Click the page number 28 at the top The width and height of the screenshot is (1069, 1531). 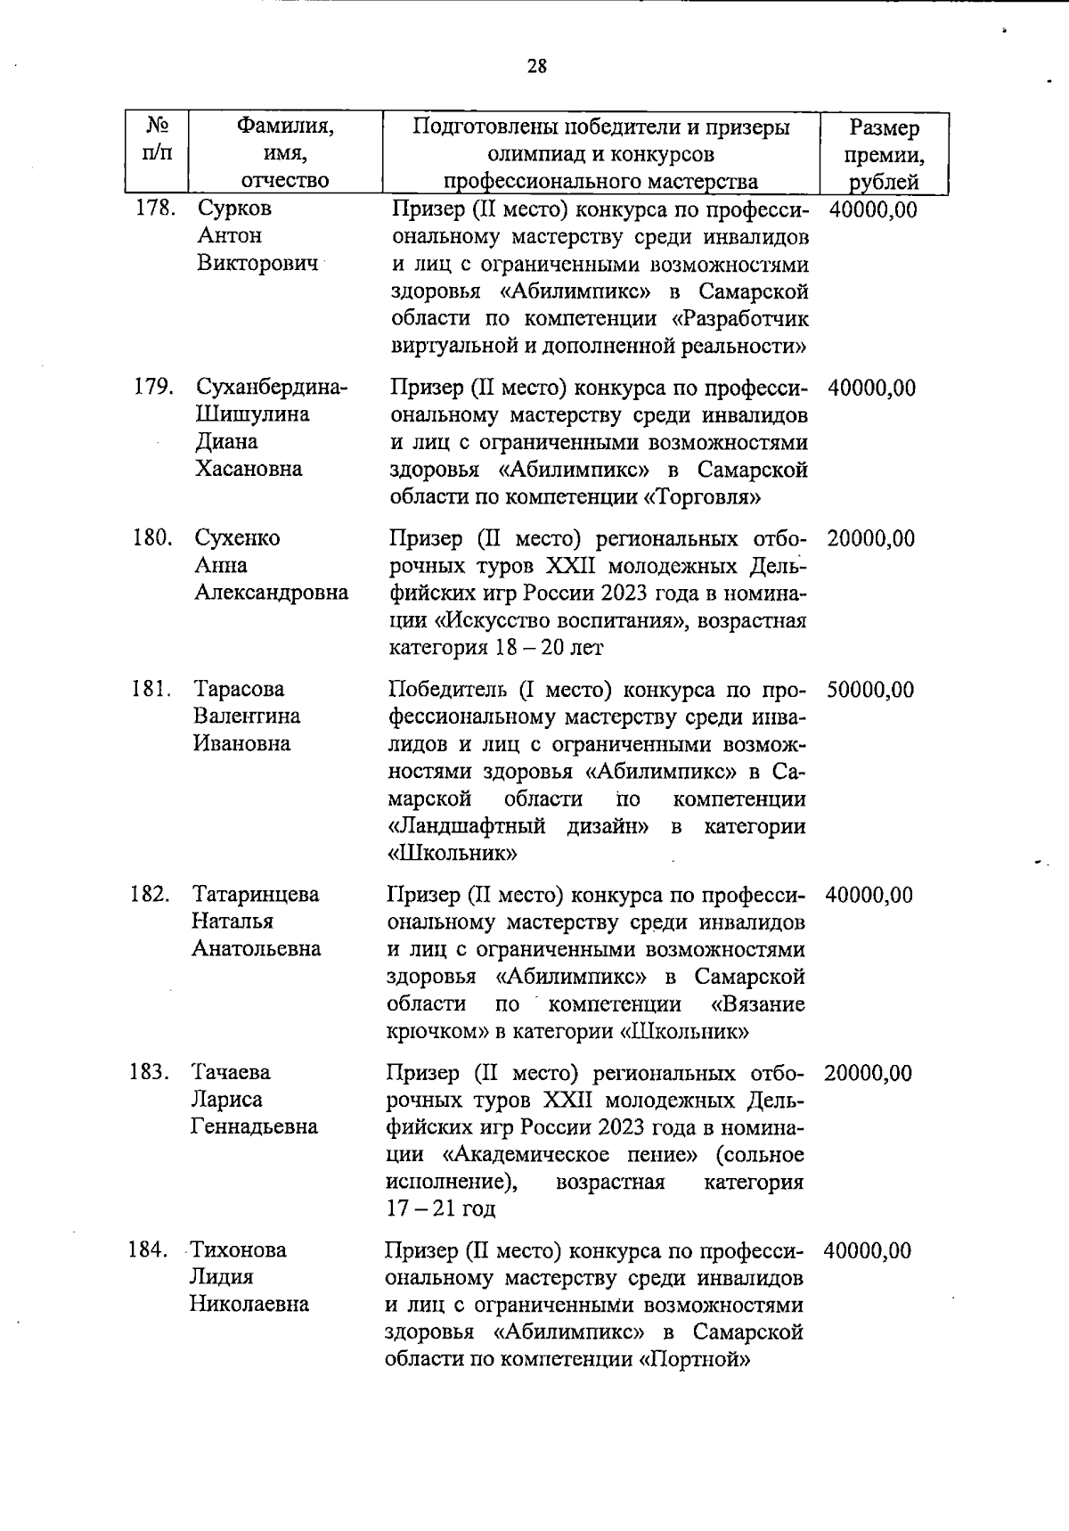click(536, 67)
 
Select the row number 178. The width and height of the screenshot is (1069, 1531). click(154, 209)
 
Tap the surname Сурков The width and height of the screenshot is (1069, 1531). click(234, 209)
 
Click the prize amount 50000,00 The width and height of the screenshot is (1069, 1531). click(869, 690)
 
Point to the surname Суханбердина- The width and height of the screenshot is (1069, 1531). click(272, 388)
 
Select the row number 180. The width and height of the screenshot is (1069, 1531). click(151, 538)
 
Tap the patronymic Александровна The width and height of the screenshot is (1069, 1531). click(271, 593)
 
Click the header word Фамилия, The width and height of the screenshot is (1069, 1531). click(285, 127)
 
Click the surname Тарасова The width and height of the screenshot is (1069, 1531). click(239, 690)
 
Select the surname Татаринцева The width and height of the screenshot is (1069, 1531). click(256, 895)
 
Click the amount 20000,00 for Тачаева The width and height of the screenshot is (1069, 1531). click(868, 1073)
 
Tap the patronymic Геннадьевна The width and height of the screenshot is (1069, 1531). click(254, 1126)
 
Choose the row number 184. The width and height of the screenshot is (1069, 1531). click(148, 1250)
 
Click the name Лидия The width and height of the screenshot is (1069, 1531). click(221, 1277)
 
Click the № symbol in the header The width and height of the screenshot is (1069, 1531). click(156, 125)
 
